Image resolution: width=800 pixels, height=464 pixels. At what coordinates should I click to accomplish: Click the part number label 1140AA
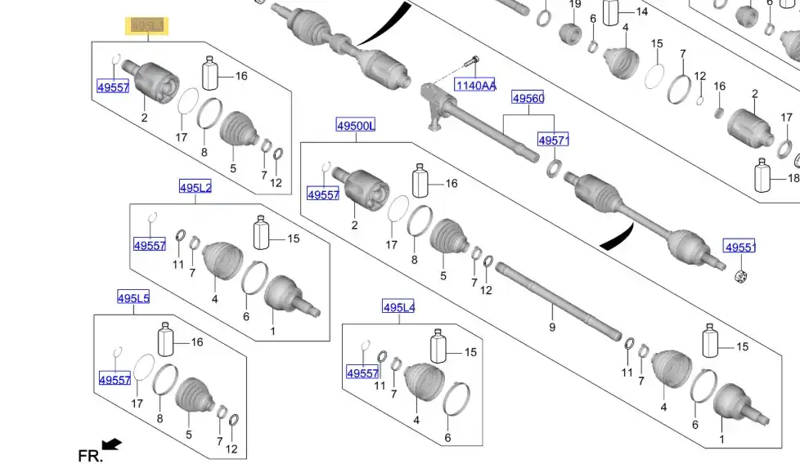point(476,85)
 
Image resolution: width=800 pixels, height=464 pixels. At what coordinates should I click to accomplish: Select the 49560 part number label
point(528,99)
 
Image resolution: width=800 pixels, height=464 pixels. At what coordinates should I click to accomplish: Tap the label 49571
point(553,141)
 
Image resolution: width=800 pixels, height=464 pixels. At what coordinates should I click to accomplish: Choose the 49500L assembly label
point(356,125)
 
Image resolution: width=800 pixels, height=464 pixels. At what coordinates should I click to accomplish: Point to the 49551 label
point(739,247)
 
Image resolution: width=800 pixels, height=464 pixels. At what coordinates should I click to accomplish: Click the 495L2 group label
point(196,188)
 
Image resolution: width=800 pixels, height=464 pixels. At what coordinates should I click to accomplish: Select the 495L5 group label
point(133,298)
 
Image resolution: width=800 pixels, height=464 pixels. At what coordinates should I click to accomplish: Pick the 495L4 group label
point(399,307)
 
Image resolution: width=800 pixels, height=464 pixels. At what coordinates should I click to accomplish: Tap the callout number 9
point(552,328)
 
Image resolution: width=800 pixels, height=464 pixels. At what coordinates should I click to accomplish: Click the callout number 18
point(793,178)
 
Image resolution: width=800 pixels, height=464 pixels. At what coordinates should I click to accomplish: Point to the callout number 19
point(575,5)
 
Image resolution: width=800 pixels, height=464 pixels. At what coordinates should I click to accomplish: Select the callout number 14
point(641,11)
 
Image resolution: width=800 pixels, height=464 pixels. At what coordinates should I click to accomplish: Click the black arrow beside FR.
point(111,444)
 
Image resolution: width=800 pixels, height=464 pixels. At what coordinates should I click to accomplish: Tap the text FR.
point(90,456)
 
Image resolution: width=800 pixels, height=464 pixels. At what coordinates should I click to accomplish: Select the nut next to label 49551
point(743,275)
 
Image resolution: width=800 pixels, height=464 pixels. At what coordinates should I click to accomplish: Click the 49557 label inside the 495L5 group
point(115,380)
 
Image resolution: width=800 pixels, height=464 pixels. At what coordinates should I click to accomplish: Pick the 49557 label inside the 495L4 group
point(362,373)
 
